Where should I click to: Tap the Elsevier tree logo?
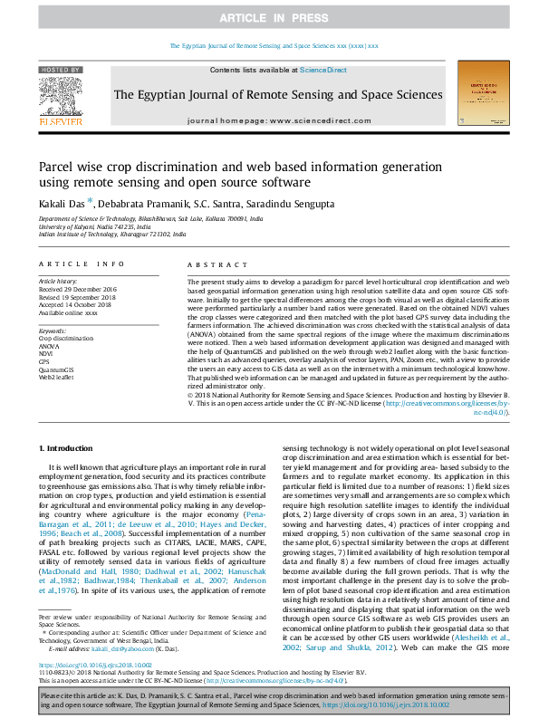click(x=62, y=98)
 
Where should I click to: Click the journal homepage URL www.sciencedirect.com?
click(x=310, y=120)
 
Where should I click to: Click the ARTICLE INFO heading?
click(x=82, y=264)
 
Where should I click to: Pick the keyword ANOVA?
click(x=51, y=346)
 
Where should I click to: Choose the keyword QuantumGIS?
click(x=57, y=370)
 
